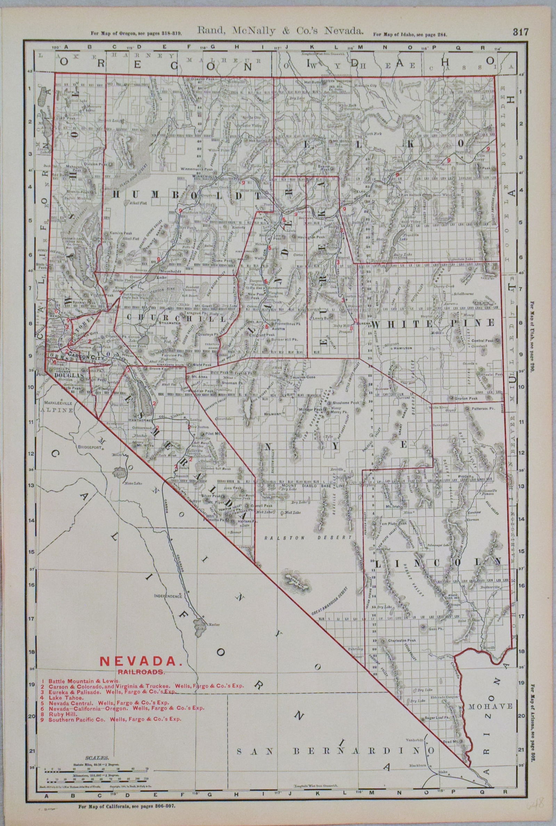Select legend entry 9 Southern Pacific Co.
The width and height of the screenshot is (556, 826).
(115, 720)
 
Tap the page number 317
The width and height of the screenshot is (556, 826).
(520, 32)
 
